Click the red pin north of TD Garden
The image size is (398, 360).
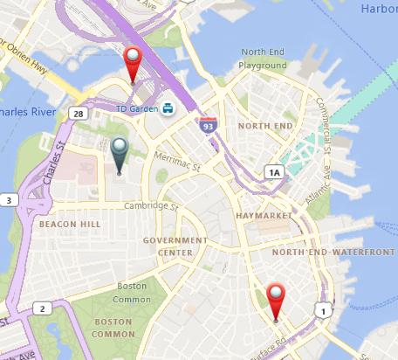[133, 64]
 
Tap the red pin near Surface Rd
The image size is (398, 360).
[277, 300]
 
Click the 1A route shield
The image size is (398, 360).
[275, 172]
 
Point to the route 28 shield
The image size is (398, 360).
[79, 114]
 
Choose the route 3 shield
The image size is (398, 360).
[9, 201]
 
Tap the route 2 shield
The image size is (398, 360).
[41, 308]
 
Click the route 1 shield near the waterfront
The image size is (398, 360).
[323, 310]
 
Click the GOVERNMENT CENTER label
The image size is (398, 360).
[175, 246]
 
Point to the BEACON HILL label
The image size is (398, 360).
[70, 225]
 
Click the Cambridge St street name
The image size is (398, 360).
[150, 206]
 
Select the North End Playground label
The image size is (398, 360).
[264, 59]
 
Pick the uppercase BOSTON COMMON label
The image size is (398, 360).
[113, 328]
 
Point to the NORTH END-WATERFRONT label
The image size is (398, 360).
[333, 253]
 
